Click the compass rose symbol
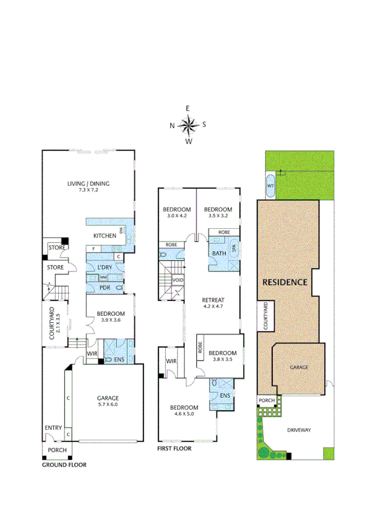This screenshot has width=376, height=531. pyautogui.click(x=188, y=124)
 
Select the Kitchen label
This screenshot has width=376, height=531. pyautogui.click(x=103, y=236)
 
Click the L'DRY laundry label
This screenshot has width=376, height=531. pyautogui.click(x=104, y=268)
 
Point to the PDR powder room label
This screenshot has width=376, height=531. pyautogui.click(x=104, y=287)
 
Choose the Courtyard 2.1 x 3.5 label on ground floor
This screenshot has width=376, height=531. pyautogui.click(x=53, y=324)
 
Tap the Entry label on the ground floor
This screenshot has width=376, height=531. pyautogui.click(x=53, y=428)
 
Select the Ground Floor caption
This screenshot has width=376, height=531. pyautogui.click(x=64, y=465)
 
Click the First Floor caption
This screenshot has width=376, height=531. pyautogui.click(x=175, y=448)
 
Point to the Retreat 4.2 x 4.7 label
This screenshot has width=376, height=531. pyautogui.click(x=213, y=303)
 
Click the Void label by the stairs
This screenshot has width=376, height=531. pyautogui.click(x=178, y=280)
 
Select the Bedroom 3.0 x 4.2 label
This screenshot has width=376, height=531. pyautogui.click(x=176, y=212)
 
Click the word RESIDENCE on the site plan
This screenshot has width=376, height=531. pyautogui.click(x=285, y=282)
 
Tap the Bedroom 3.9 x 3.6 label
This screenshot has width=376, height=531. pyautogui.click(x=109, y=316)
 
